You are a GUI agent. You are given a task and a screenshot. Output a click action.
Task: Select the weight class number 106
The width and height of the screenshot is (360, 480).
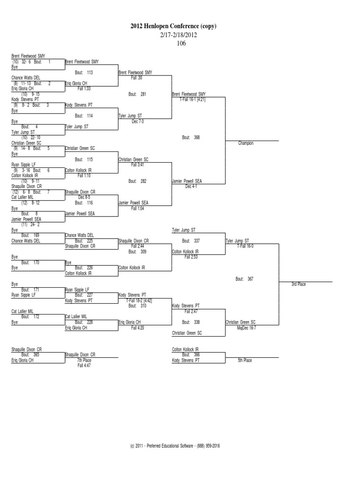(x=181, y=44)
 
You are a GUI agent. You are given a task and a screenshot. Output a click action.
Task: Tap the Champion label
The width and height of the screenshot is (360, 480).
(x=246, y=143)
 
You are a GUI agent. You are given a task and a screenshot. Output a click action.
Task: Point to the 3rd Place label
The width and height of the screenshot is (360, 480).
(x=299, y=285)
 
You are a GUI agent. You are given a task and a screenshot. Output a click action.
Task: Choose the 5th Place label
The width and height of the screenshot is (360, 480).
(x=245, y=360)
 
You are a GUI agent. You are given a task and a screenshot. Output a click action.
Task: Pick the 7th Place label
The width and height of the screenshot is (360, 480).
(x=84, y=360)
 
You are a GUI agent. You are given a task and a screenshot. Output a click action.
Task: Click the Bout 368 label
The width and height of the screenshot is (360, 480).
(x=191, y=137)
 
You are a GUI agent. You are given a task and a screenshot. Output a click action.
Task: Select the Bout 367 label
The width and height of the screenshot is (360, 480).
(x=244, y=278)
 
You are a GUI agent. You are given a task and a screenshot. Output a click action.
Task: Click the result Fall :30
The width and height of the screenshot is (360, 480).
(x=136, y=78)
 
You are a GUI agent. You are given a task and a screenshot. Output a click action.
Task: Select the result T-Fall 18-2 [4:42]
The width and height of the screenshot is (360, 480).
(x=139, y=300)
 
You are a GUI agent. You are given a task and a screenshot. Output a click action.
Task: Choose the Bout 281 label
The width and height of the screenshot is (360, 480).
(x=137, y=94)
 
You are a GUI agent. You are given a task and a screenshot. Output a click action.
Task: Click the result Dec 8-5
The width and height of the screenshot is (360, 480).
(x=84, y=198)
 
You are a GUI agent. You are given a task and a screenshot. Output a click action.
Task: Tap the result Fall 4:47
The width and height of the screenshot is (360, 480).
(x=84, y=365)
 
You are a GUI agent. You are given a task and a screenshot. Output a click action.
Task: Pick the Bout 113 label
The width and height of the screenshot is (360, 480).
(x=84, y=72)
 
